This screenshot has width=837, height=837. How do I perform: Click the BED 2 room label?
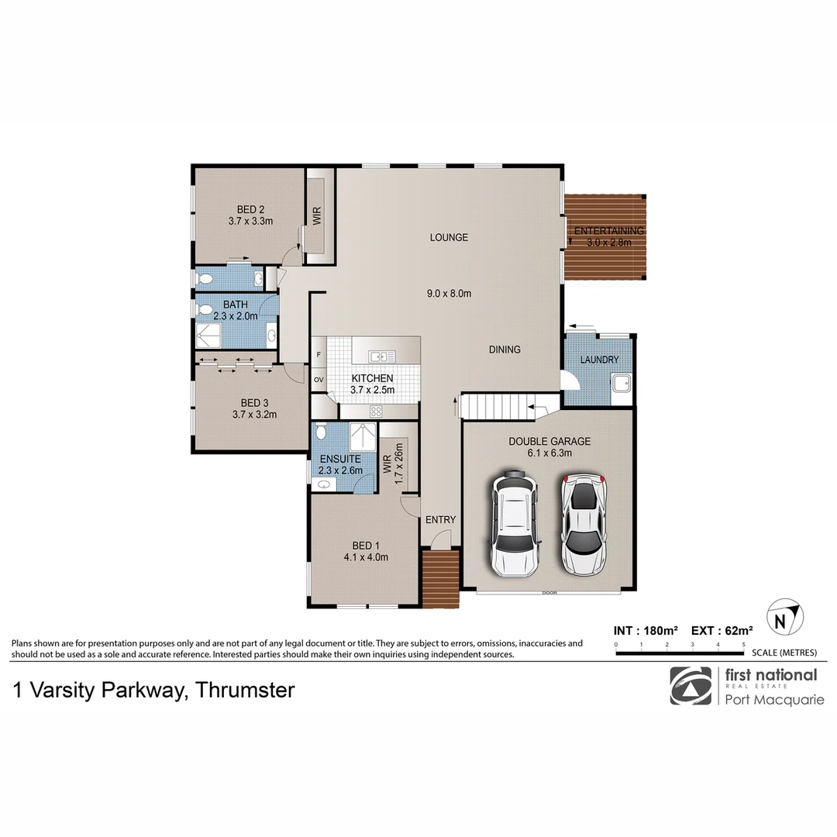251,209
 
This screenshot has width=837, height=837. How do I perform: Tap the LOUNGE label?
449,237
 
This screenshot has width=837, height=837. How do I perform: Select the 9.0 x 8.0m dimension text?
449,293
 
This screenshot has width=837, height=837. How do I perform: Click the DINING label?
505,350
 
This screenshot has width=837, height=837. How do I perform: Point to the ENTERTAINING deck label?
608,231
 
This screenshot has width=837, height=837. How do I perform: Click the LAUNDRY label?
599,360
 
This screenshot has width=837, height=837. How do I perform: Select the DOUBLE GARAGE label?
549,441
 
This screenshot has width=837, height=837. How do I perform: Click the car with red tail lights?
584,525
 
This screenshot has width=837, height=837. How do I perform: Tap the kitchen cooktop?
377,411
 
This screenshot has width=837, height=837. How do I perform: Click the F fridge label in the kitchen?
319,355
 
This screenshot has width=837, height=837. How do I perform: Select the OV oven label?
319,379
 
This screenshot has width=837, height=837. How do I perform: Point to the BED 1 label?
366,545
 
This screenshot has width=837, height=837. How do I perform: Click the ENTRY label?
441,519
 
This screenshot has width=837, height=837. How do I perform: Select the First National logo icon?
691,686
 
